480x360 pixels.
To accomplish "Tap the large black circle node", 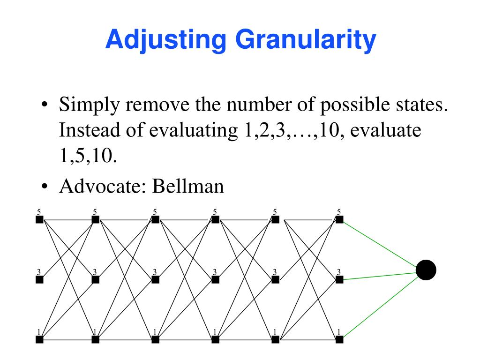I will (x=426, y=270).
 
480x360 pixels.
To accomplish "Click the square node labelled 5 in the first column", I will (x=39, y=219).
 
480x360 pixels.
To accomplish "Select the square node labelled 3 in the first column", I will (x=39, y=280).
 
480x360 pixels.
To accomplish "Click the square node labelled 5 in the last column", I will (x=339, y=219).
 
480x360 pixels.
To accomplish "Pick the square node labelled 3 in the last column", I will (x=339, y=280).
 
